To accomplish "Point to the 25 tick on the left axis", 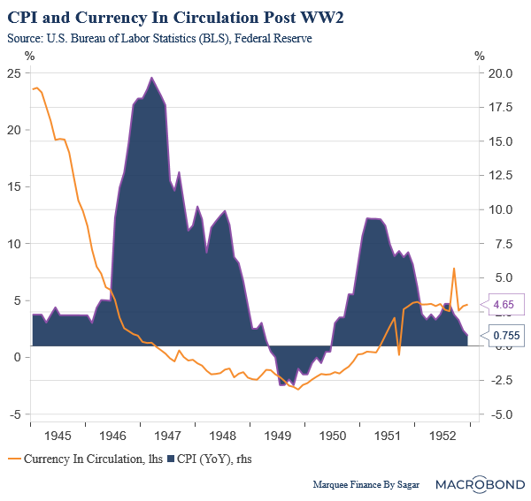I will click(x=12, y=72).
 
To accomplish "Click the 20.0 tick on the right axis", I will click(x=500, y=72).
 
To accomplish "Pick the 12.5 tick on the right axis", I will click(x=500, y=175).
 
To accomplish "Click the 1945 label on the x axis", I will click(x=58, y=436).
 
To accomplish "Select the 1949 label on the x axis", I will click(x=281, y=436).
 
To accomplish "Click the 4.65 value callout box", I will click(x=504, y=305).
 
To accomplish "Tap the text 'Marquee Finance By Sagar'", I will click(x=370, y=485).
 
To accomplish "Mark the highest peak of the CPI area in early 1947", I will click(x=151, y=78).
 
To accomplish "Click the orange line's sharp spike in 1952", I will click(x=454, y=269).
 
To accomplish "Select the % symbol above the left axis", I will click(x=29, y=56).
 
